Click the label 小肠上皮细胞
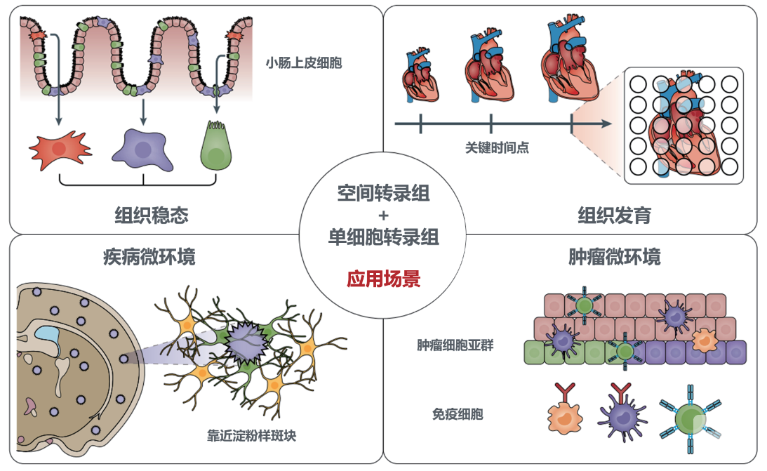point(304,63)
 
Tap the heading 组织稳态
point(152,214)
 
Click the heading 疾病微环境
point(149,257)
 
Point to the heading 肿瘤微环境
point(614,257)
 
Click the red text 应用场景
point(383,279)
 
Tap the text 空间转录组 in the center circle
point(383,194)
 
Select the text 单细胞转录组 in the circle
point(383,237)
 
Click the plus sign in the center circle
point(383,215)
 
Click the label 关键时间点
point(497,147)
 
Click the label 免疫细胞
point(458,414)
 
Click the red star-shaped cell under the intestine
point(60,148)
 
